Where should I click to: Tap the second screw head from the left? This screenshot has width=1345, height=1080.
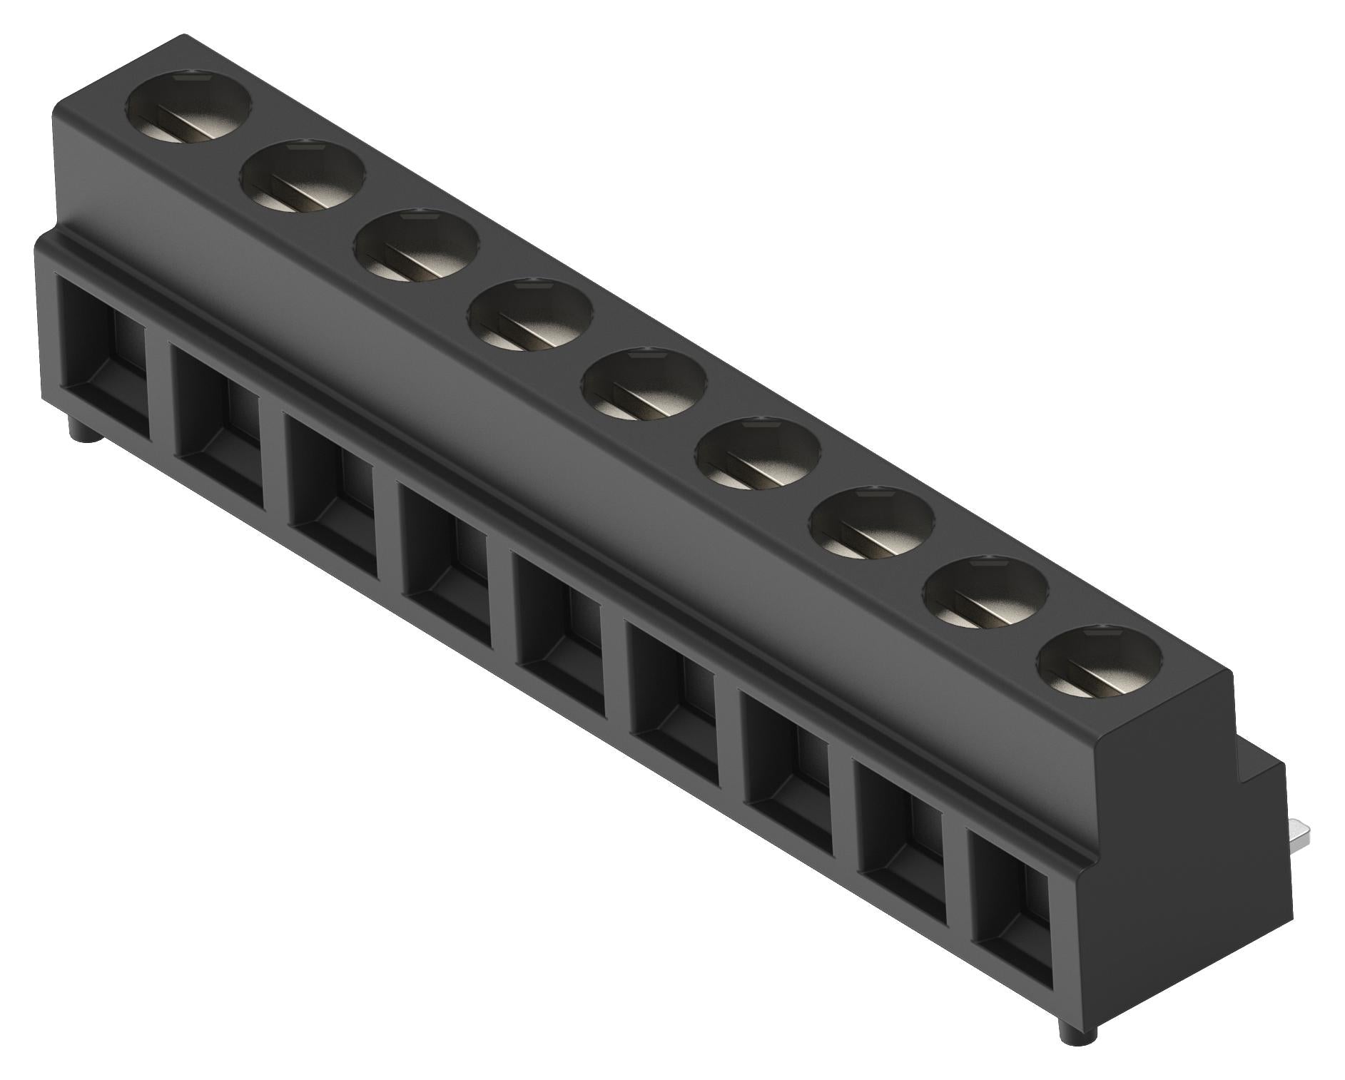(x=303, y=177)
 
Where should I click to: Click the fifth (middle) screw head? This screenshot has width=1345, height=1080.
(x=644, y=384)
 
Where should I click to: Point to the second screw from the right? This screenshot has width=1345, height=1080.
(x=987, y=593)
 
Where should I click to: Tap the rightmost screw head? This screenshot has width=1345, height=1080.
(x=1100, y=661)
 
